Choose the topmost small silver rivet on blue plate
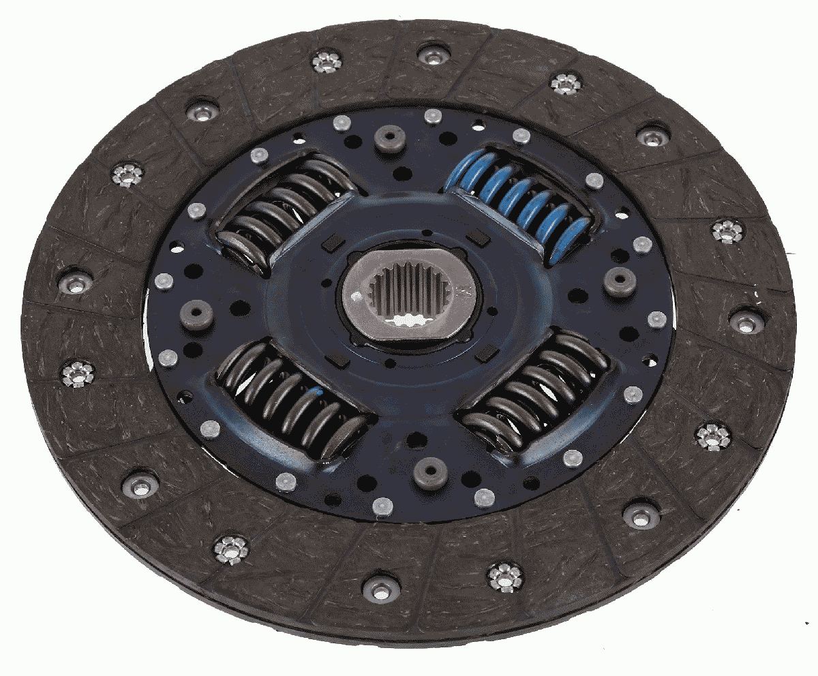[x=431, y=117]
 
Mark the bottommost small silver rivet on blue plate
[x=382, y=505]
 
